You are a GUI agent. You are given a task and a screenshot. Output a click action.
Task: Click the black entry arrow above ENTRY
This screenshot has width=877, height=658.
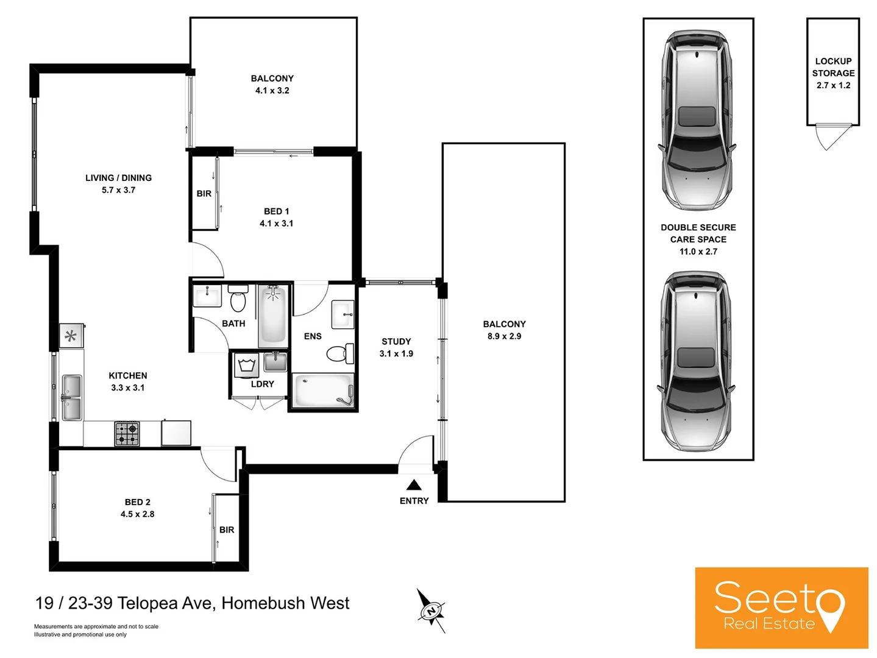click(x=414, y=485)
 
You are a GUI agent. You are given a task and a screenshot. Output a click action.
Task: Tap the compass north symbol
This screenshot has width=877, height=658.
click(x=431, y=610)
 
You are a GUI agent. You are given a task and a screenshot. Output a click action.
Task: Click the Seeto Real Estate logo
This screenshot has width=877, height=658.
click(x=781, y=607)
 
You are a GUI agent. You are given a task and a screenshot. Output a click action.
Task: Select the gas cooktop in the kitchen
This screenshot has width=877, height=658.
click(x=127, y=434)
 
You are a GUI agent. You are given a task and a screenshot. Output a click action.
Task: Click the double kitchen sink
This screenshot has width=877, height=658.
click(x=72, y=398)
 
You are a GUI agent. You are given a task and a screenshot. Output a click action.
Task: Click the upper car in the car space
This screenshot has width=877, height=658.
click(x=697, y=120)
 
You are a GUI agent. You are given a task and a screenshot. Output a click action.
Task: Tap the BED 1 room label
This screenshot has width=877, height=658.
click(x=276, y=211)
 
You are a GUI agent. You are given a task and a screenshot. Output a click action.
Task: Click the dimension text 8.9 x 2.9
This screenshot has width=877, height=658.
click(x=504, y=336)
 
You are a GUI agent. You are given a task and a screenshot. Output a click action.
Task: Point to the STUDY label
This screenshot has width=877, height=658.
click(x=396, y=342)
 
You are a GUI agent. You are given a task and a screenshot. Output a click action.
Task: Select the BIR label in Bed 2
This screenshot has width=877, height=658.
click(x=227, y=530)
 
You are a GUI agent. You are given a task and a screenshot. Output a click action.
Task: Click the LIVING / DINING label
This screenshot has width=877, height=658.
click(x=118, y=178)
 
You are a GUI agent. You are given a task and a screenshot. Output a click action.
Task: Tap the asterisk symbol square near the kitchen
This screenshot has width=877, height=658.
click(x=71, y=336)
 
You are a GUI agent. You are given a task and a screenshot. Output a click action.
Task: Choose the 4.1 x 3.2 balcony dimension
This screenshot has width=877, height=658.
click(x=272, y=91)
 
